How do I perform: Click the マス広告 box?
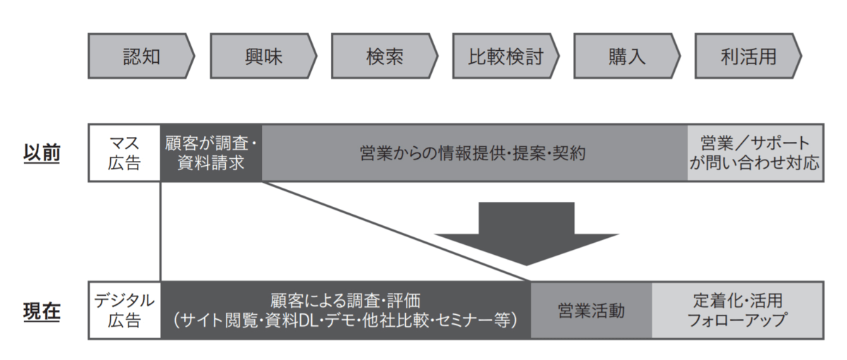[x=125, y=153]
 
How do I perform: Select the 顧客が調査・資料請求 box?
[x=211, y=153]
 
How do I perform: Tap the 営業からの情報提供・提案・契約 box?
[x=474, y=153]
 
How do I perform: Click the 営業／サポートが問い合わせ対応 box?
[x=755, y=153]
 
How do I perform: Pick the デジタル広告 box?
[x=125, y=311]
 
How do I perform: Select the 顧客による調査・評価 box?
[x=345, y=311]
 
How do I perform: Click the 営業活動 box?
[x=591, y=311]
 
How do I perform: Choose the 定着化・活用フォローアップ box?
[x=737, y=311]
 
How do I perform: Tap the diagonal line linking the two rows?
[x=395, y=232]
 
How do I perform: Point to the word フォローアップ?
[x=737, y=320]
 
